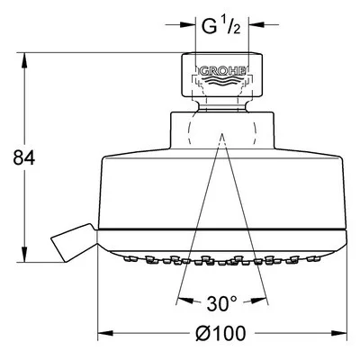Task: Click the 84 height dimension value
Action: coord(24,158)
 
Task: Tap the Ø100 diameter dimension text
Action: coord(220,333)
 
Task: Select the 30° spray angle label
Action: coord(221,303)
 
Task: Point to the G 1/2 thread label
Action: coord(221,26)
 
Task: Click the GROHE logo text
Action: coord(221,71)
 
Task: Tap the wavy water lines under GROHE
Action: coord(221,82)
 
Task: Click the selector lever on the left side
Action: coord(74,243)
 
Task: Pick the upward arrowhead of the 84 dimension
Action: coord(24,61)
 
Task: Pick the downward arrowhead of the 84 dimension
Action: coord(24,255)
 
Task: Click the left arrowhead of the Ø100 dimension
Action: coord(105,333)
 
